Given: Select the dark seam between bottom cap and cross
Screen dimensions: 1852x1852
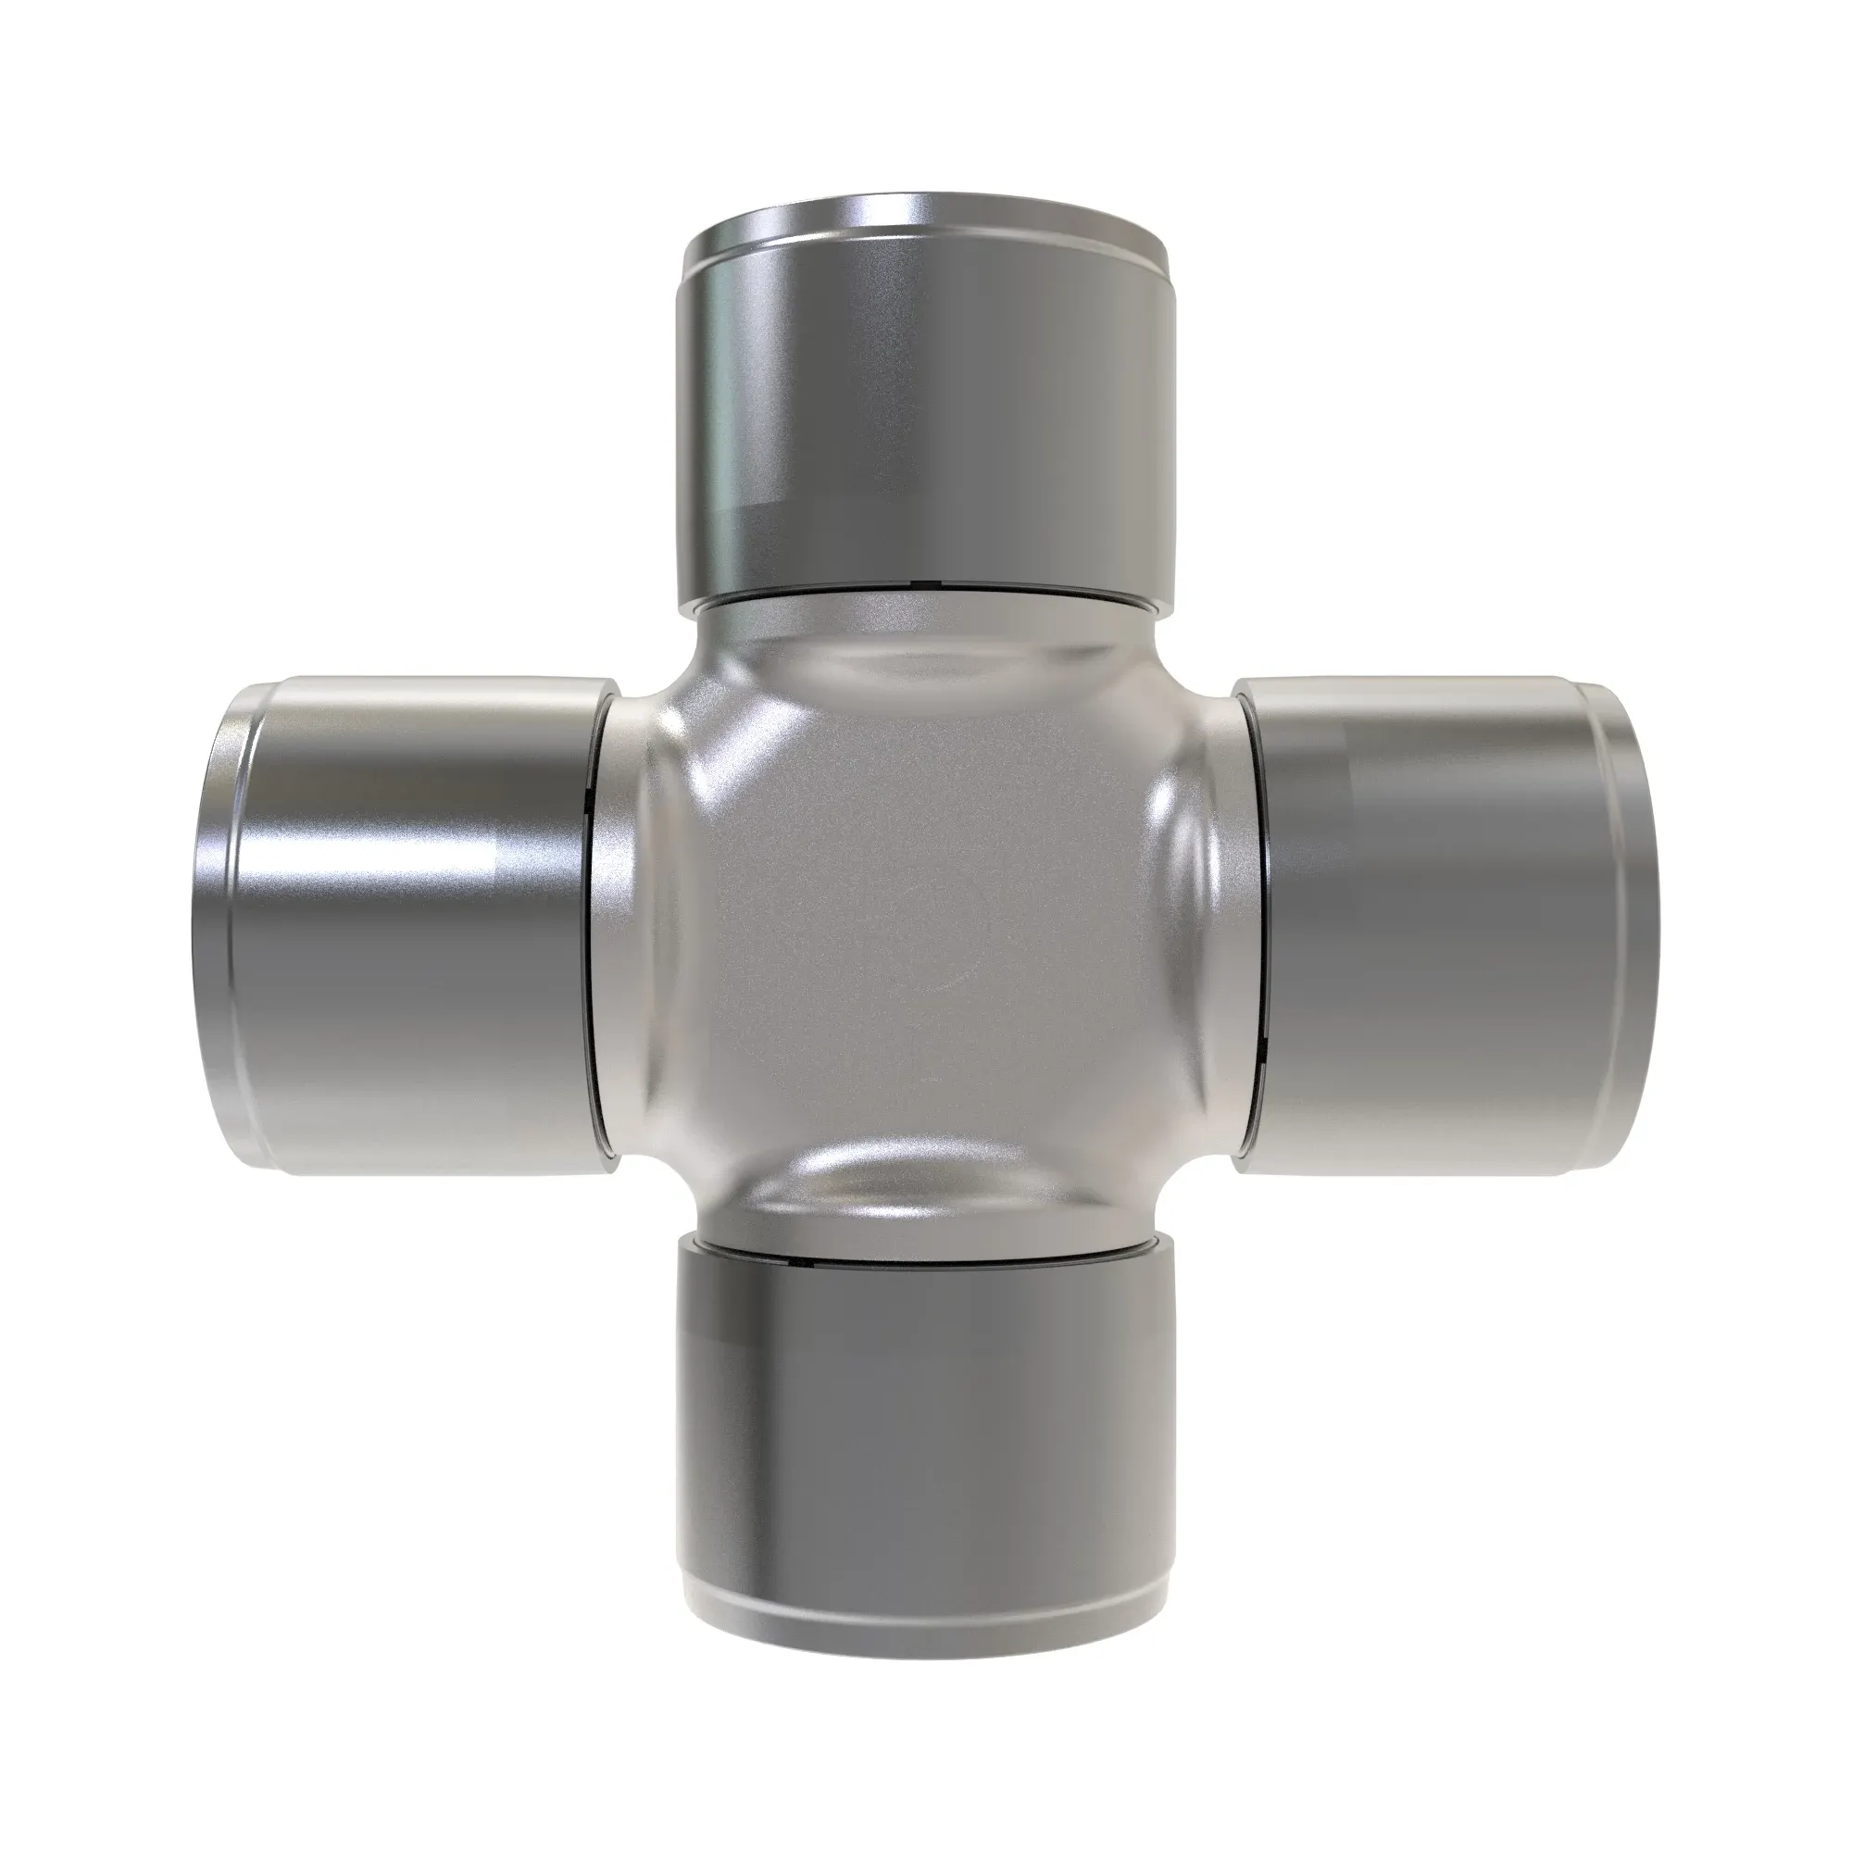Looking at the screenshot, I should (x=926, y=1254).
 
